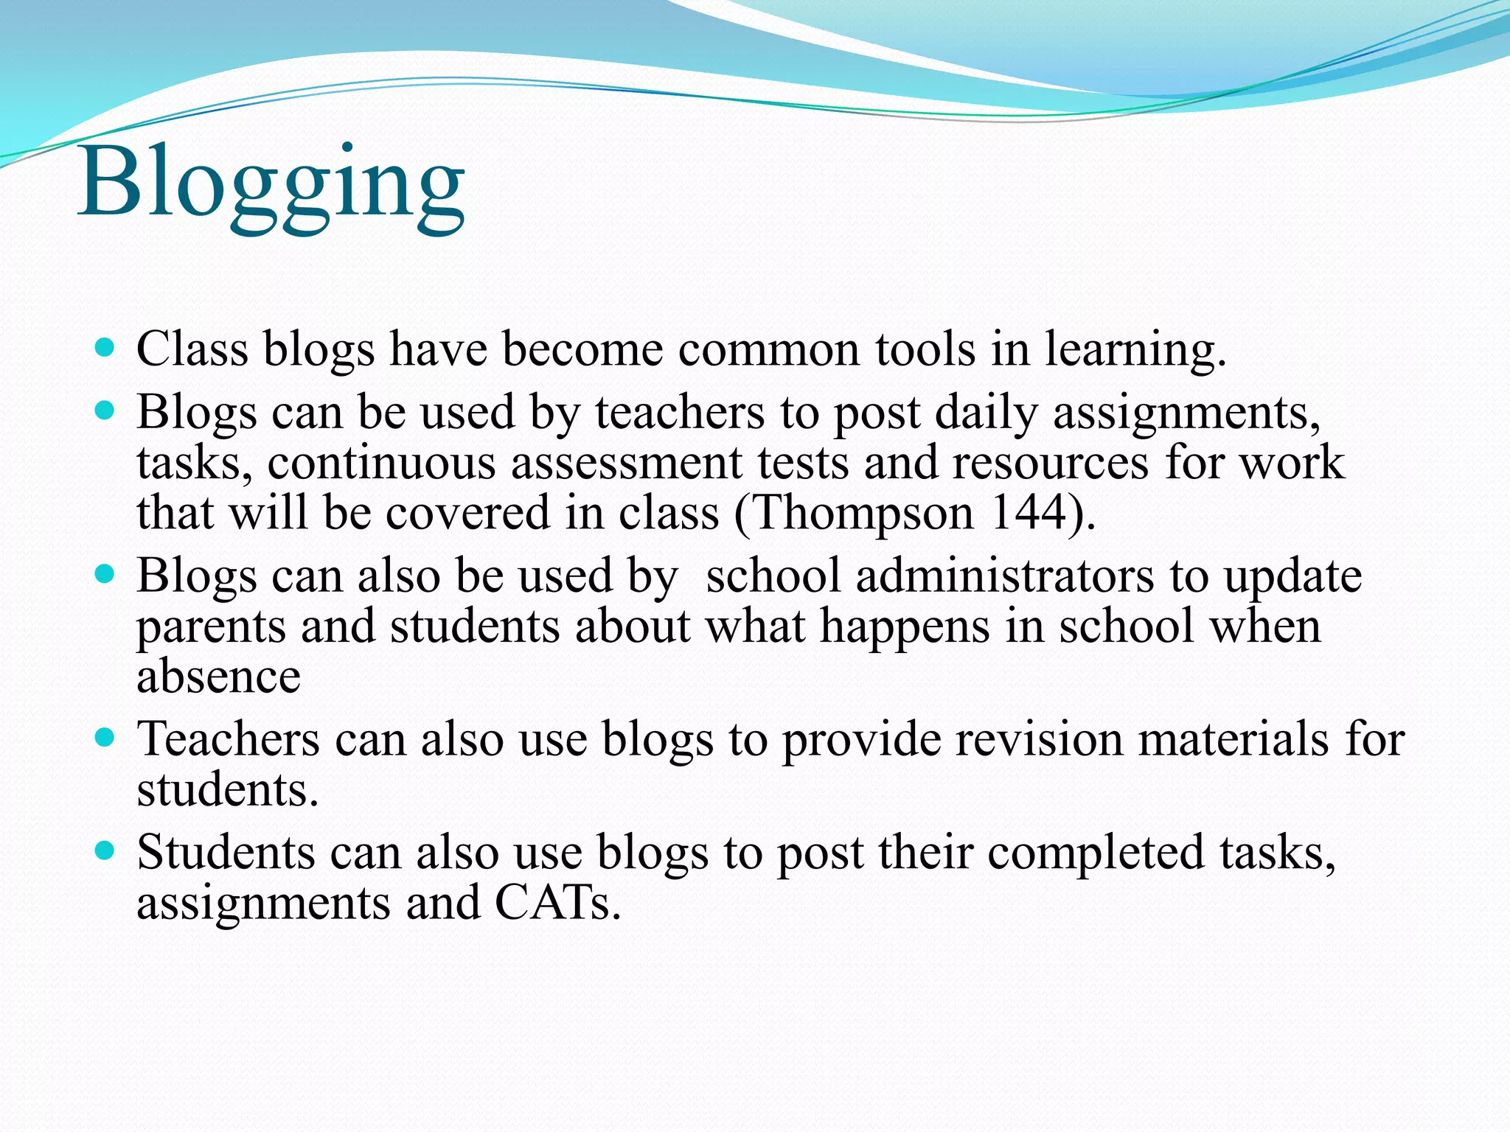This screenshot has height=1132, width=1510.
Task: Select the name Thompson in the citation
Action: pyautogui.click(x=863, y=512)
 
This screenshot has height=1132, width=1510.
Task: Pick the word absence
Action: pyautogui.click(x=219, y=676)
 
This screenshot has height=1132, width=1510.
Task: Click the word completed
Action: pyautogui.click(x=1096, y=853)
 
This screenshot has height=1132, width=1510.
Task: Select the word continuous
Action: pyautogui.click(x=381, y=463)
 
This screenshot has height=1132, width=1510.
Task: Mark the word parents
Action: pyautogui.click(x=211, y=627)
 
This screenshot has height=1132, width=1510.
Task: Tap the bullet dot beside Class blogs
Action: pyautogui.click(x=105, y=347)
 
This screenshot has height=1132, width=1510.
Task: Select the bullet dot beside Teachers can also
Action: pyautogui.click(x=105, y=737)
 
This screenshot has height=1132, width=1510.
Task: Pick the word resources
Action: pyautogui.click(x=1050, y=463)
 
